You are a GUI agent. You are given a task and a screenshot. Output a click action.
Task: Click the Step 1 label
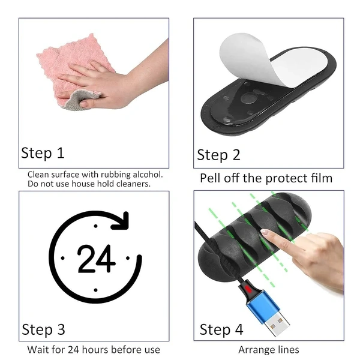coord(43,153)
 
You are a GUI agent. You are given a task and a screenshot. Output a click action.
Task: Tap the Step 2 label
coord(218,155)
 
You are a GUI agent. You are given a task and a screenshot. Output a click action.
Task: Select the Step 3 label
coord(43,329)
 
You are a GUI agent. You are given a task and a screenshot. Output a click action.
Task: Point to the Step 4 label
coord(221,329)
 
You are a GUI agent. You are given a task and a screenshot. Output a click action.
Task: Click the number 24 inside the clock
coord(97,259)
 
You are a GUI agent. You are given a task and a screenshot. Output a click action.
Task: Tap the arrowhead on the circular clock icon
coord(121,221)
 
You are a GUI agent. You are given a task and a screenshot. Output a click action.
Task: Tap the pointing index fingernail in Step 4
coord(265,232)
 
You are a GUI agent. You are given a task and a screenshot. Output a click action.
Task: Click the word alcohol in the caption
coord(148,175)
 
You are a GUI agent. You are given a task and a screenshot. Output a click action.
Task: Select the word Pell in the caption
coord(210,178)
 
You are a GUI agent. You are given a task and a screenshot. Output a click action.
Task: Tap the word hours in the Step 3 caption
coord(95,350)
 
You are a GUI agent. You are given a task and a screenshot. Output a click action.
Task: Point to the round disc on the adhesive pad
coord(248,98)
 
